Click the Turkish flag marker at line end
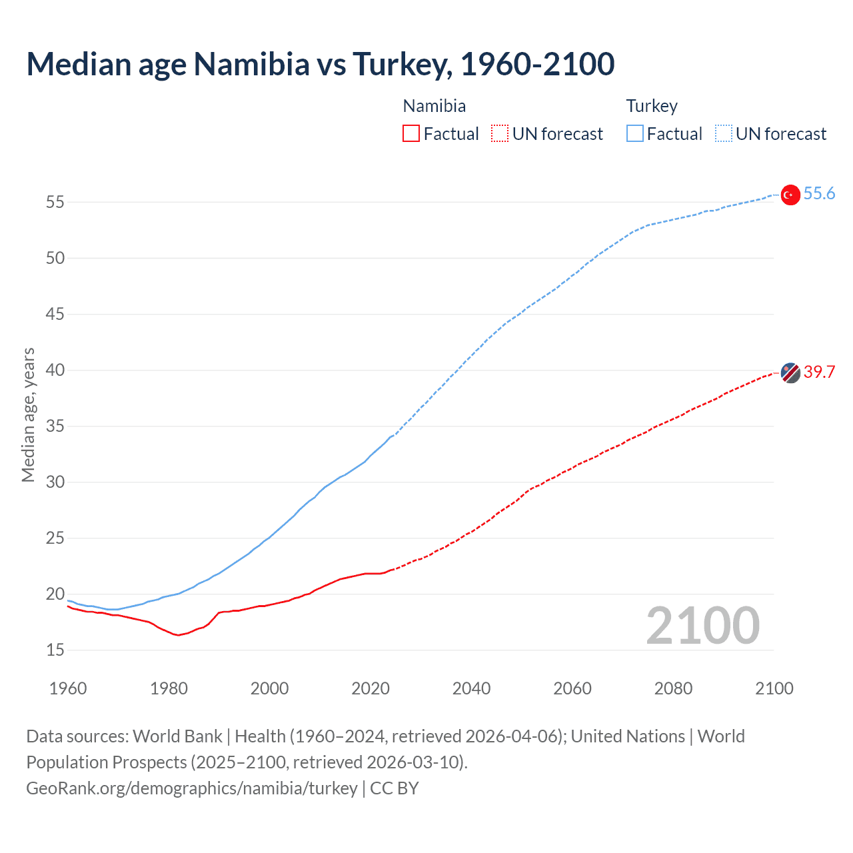click(790, 195)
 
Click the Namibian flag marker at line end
click(790, 373)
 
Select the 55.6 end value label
click(819, 194)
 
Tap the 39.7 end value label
click(819, 372)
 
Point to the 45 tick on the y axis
click(55, 314)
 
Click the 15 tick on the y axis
click(55, 650)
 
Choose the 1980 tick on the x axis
click(169, 688)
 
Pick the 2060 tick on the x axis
click(572, 688)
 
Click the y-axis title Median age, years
click(28, 415)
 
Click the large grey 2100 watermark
click(703, 626)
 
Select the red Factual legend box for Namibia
click(411, 134)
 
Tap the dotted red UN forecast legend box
click(500, 134)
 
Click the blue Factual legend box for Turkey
click(634, 134)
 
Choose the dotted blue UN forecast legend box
click(723, 134)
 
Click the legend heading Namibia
click(434, 106)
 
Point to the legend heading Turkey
click(652, 106)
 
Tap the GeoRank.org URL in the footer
click(192, 788)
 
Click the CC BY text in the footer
click(395, 788)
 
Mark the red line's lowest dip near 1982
click(178, 635)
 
